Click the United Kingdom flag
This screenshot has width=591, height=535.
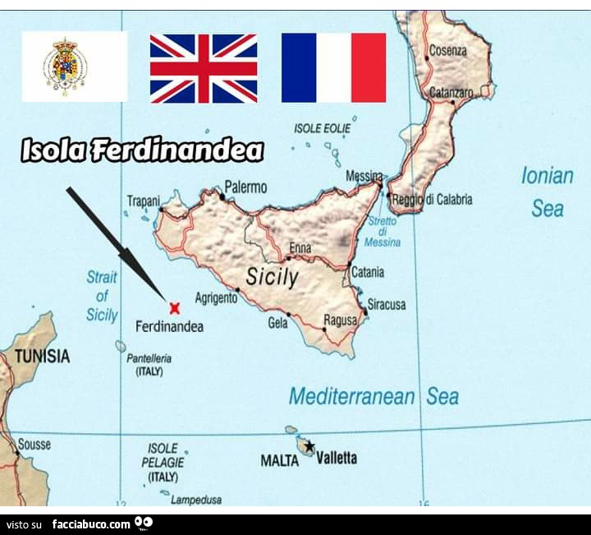[203, 67]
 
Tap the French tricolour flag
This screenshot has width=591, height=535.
[333, 67]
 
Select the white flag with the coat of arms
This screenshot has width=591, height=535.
[74, 67]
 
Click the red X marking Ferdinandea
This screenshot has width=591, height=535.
[174, 308]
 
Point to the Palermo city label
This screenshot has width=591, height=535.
[246, 188]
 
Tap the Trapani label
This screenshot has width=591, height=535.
[143, 201]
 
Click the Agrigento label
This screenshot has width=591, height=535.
[216, 298]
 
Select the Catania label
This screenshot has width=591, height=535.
[368, 272]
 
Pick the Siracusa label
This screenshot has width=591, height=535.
[387, 304]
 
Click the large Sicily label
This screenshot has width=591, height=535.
[273, 277]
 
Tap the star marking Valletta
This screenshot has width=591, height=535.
[309, 446]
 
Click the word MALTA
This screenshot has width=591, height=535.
[279, 460]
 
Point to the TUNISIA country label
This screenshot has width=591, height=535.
[42, 357]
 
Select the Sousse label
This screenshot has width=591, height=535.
[34, 445]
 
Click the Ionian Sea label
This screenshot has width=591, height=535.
[547, 191]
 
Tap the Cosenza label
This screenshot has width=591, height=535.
[448, 51]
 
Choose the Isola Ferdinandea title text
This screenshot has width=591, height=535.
[142, 150]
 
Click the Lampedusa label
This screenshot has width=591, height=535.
[195, 499]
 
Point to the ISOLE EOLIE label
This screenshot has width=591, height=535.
[322, 128]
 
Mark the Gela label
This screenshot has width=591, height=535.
[277, 323]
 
